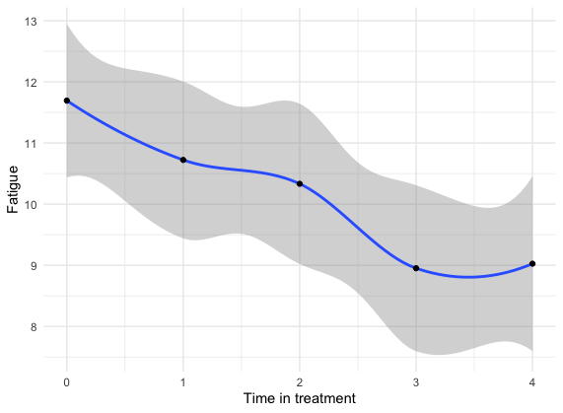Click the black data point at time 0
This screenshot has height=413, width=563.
[67, 101]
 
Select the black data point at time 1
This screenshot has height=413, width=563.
[183, 160]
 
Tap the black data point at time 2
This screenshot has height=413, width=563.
[300, 183]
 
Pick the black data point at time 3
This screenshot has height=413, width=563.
[416, 268]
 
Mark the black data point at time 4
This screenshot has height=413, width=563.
[532, 264]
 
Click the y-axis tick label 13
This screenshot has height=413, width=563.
[31, 22]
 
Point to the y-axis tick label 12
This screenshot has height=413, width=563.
[31, 83]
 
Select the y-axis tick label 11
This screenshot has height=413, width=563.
[31, 144]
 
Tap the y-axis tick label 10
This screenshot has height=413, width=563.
[31, 205]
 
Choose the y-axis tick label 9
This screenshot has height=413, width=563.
[34, 266]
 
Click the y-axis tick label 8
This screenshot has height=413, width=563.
[34, 327]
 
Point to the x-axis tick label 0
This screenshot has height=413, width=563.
[66, 382]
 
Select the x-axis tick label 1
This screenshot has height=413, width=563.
[183, 382]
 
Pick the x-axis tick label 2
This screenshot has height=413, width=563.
[300, 382]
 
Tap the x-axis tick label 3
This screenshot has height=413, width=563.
[416, 382]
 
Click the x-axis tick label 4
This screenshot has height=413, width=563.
[532, 382]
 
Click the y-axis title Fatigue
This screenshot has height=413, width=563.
[13, 189]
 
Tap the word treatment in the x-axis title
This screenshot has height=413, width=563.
[325, 398]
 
